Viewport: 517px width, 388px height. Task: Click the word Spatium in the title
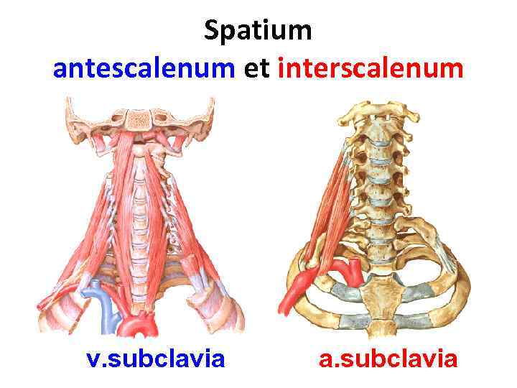258,32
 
